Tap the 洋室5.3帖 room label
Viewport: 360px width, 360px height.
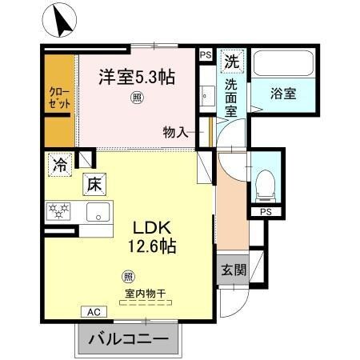tap(137, 78)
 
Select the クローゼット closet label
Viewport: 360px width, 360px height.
tap(58, 98)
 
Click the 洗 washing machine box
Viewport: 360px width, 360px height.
tap(231, 61)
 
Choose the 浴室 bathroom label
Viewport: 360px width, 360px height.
tap(283, 93)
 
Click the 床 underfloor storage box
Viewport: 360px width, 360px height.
tap(94, 185)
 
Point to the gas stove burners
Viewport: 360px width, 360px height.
tap(58, 211)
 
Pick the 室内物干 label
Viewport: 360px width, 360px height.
tap(146, 293)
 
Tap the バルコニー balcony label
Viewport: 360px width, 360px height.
tap(124, 339)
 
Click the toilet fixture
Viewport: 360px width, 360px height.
tap(262, 186)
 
